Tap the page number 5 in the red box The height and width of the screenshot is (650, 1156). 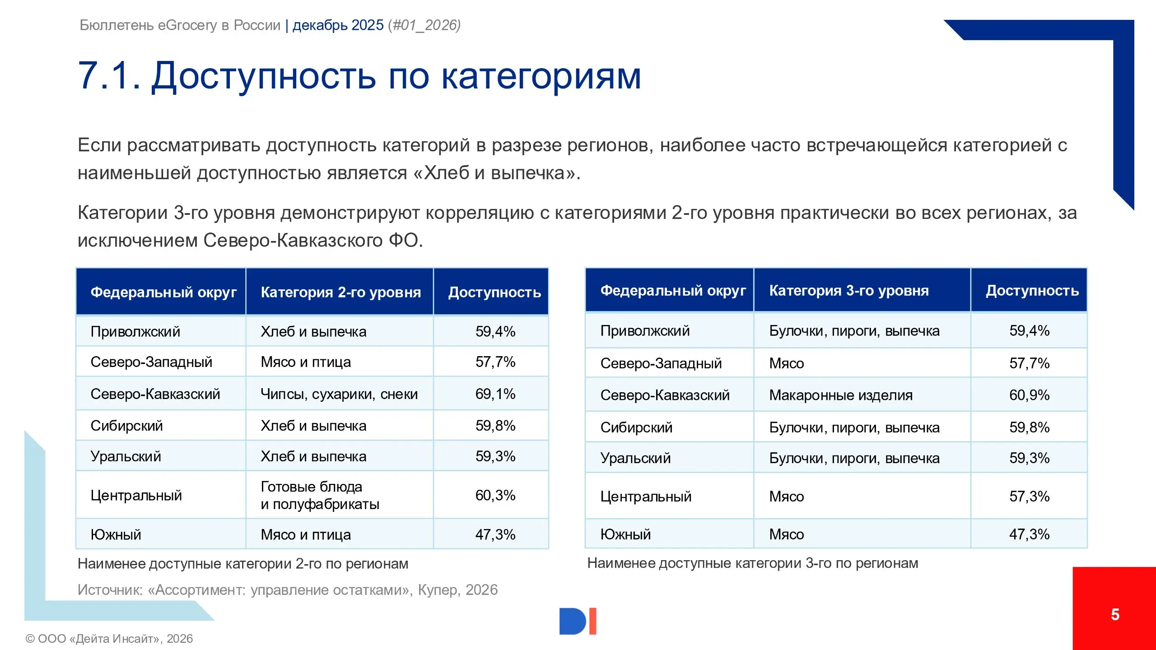1114,614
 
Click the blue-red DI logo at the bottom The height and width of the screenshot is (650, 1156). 578,621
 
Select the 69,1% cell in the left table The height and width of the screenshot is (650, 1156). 495,394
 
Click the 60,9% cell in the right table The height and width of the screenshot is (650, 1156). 1029,395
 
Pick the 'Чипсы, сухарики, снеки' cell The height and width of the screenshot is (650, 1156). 339,394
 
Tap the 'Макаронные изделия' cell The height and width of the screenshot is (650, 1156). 841,395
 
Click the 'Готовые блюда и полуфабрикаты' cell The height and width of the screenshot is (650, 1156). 320,495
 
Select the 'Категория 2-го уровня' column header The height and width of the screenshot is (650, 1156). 340,292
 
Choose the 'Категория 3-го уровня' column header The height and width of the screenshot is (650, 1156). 849,291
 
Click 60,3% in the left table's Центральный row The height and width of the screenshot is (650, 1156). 495,495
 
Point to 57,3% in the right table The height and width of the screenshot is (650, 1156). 1029,497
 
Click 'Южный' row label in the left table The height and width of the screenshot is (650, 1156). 116,534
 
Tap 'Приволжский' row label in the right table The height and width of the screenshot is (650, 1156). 645,331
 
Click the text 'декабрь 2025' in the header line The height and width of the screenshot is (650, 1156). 338,25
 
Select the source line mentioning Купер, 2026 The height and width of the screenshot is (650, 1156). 287,590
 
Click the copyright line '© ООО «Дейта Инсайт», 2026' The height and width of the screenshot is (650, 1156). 109,638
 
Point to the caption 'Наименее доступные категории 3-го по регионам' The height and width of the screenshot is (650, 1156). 752,563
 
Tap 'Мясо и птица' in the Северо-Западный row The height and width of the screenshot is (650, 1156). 306,362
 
